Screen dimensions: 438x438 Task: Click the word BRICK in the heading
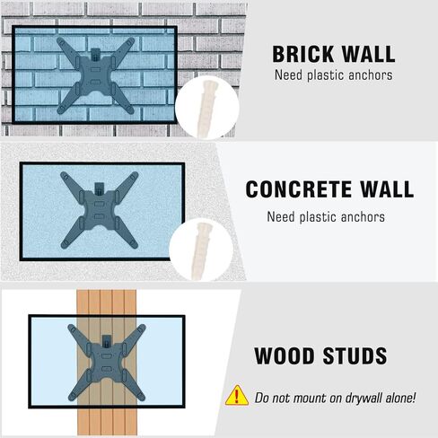pyautogui.click(x=302, y=52)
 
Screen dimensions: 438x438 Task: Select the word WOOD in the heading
pyautogui.click(x=283, y=355)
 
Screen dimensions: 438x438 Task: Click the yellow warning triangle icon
pyautogui.click(x=237, y=395)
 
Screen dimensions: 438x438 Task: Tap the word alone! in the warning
pyautogui.click(x=396, y=398)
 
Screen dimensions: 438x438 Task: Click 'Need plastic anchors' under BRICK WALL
pyautogui.click(x=333, y=74)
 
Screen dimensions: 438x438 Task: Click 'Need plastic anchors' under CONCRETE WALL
pyautogui.click(x=326, y=216)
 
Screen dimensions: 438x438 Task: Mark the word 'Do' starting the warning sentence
pyautogui.click(x=262, y=398)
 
